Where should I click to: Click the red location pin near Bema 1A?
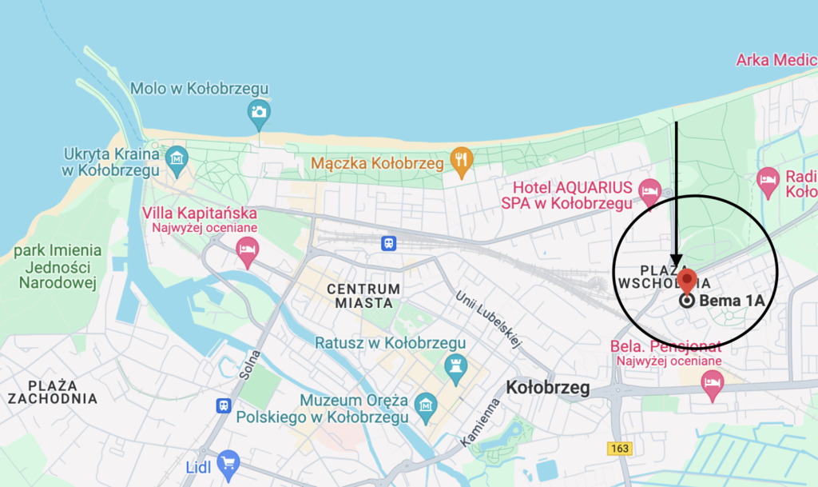686,281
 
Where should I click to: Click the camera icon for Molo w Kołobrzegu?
258,112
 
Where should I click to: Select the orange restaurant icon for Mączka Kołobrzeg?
461,163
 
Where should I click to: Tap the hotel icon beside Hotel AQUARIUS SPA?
650,191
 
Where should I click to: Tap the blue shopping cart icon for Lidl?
228,461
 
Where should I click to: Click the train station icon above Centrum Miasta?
388,242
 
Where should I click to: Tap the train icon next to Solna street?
224,406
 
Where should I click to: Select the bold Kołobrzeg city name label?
548,388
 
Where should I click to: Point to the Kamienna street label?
480,422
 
